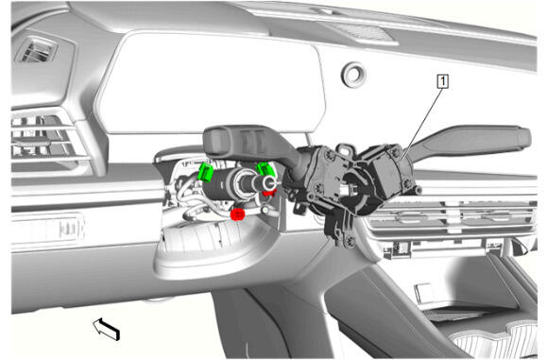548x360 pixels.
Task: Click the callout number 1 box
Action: (443, 81)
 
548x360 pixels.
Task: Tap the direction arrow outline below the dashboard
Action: (106, 329)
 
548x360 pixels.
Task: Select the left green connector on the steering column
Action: (206, 172)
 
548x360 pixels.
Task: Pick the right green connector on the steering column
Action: (266, 169)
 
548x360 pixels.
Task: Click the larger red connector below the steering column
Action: (237, 214)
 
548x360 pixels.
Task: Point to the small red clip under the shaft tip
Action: (269, 192)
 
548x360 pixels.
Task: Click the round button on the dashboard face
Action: (353, 74)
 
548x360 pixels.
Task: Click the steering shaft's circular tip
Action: (268, 182)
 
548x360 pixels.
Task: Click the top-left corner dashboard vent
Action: (36, 50)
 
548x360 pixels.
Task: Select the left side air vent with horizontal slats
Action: (45, 137)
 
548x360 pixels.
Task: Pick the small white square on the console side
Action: (424, 291)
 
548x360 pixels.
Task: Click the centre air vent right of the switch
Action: (451, 218)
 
